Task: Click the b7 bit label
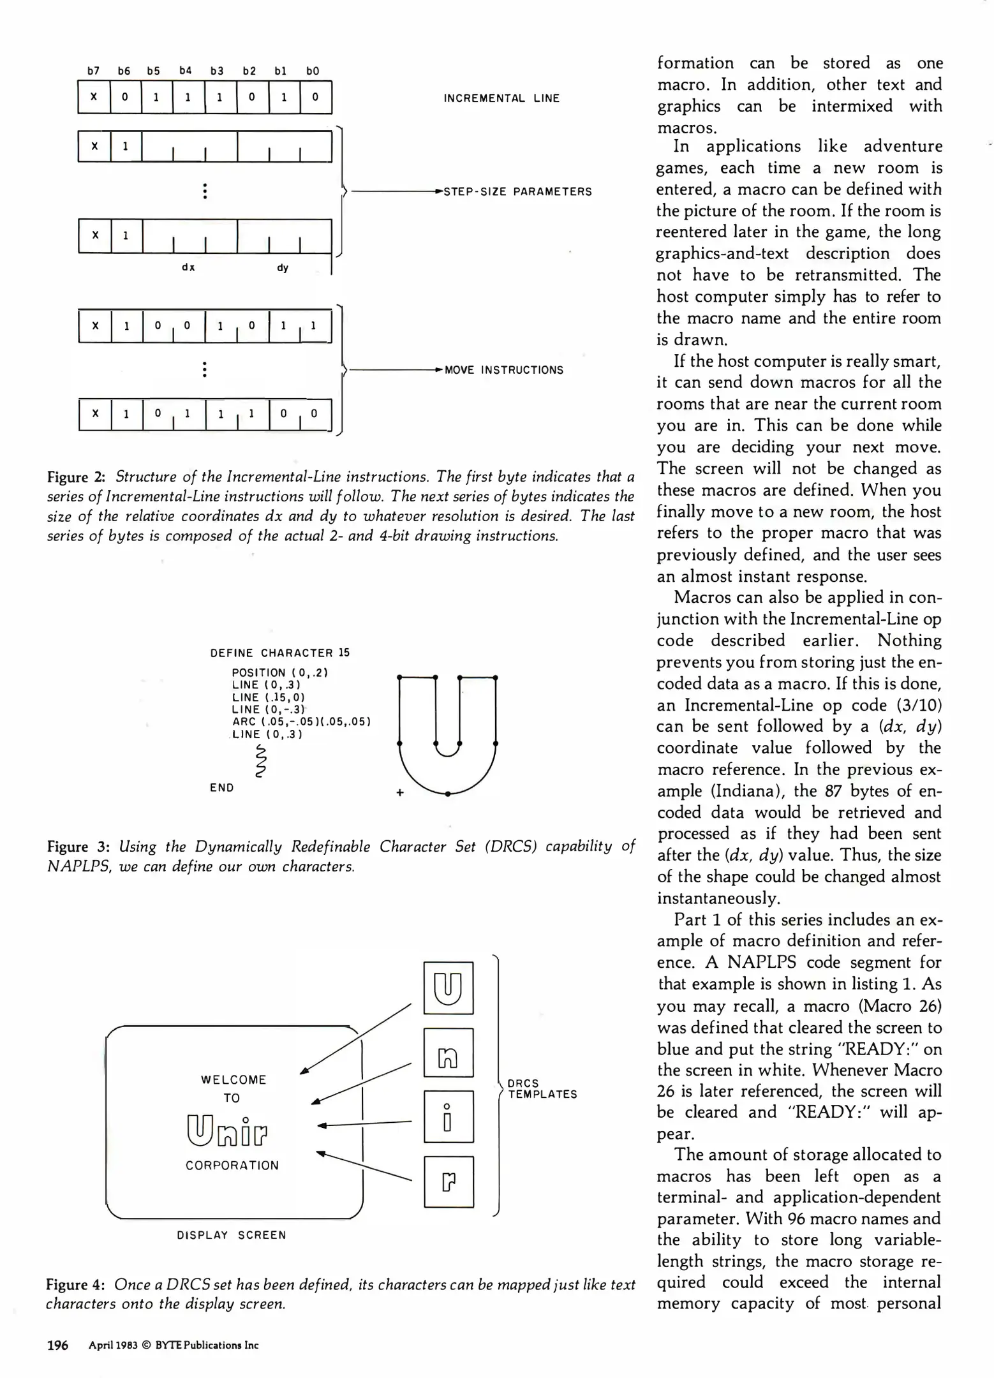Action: [x=94, y=71]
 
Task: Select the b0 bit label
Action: [x=313, y=71]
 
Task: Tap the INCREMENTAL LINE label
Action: [x=501, y=98]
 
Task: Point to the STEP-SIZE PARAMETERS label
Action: [x=517, y=191]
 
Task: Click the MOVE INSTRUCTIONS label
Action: [x=503, y=370]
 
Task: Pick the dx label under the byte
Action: [x=188, y=267]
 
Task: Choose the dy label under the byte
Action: [x=283, y=267]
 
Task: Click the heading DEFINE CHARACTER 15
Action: [x=280, y=653]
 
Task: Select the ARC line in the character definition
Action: [x=301, y=722]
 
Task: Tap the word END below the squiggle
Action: [x=222, y=788]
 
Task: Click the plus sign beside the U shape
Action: [x=400, y=792]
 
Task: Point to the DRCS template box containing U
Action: [x=449, y=988]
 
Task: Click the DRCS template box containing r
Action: [x=449, y=1182]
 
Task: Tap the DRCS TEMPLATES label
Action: [x=542, y=1088]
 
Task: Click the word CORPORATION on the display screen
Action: [x=232, y=1166]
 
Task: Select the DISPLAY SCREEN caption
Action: [x=232, y=1235]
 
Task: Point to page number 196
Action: [x=57, y=1345]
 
